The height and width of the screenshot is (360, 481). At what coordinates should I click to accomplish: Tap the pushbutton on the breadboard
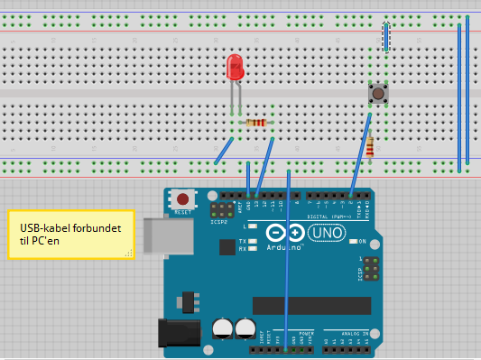[376, 93]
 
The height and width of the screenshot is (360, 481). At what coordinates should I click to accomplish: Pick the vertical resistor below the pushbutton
[370, 144]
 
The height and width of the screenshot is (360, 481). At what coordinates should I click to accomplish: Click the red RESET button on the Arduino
[184, 198]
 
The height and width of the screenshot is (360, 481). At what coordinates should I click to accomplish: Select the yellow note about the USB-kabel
[70, 235]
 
